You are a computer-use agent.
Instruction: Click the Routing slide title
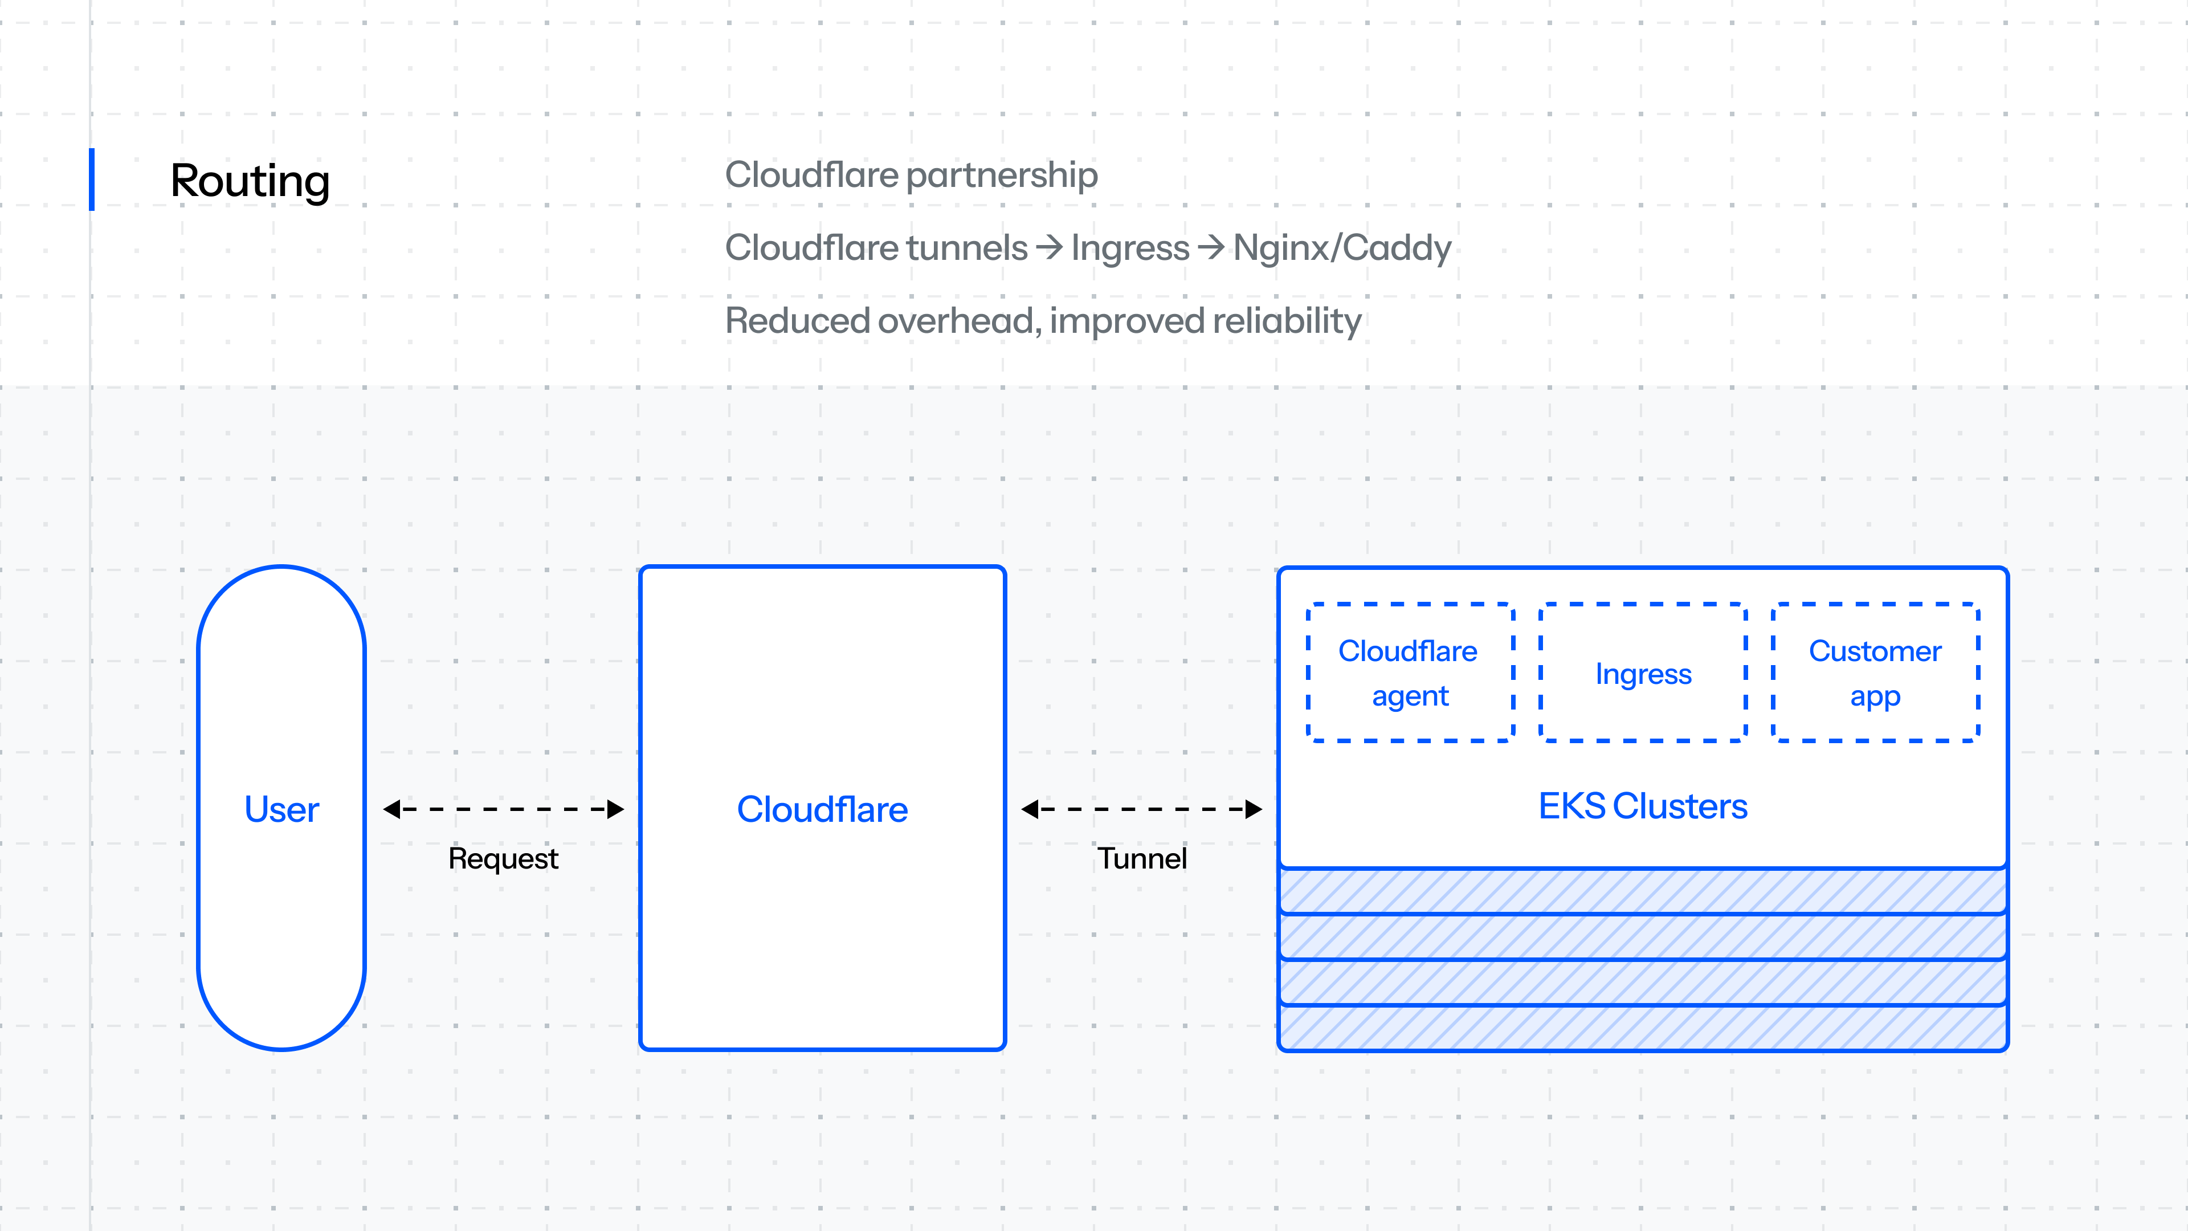click(x=250, y=181)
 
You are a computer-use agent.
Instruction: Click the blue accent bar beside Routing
click(x=92, y=180)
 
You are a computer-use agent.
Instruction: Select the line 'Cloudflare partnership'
click(x=911, y=175)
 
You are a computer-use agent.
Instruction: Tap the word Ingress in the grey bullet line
click(x=1130, y=248)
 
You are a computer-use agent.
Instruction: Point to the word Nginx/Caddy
click(x=1342, y=248)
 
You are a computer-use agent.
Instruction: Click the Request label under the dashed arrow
click(x=503, y=859)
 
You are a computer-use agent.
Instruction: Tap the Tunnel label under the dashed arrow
click(x=1141, y=859)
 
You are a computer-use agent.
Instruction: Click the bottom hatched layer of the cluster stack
click(x=1643, y=1029)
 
